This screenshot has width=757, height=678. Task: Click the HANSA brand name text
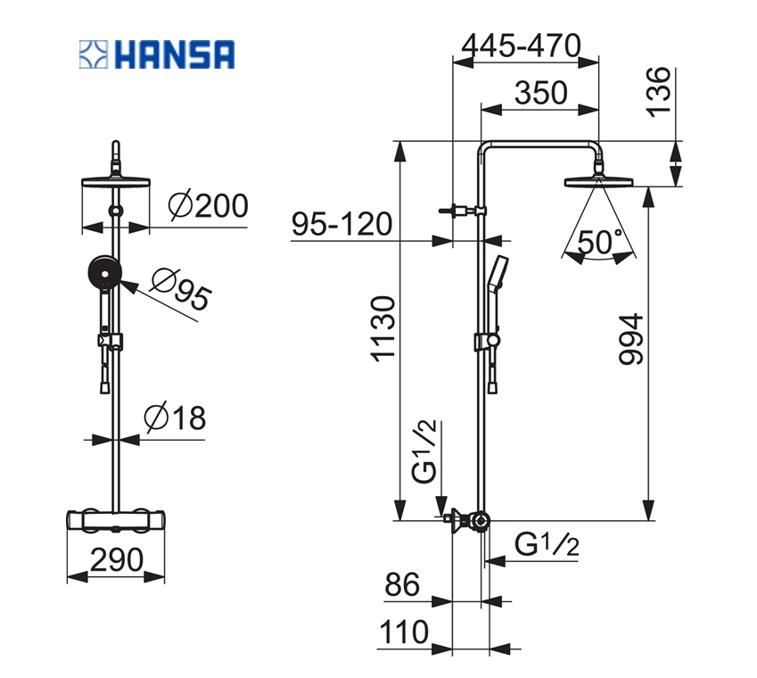coord(173,54)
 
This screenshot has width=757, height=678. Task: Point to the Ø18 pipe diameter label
coord(175,417)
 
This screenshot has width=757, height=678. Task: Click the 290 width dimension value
coord(116,559)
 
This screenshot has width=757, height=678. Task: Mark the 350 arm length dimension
coord(539,92)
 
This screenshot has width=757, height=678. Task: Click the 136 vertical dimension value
coord(659,92)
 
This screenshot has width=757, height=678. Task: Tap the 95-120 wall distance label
coord(341,224)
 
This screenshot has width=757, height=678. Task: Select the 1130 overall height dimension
coord(383,329)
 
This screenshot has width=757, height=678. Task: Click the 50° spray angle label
coord(599,242)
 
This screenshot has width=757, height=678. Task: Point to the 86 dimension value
coord(402,585)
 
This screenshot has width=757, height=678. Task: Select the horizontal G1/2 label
coord(547,544)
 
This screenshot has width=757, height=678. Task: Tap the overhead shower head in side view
coord(598,183)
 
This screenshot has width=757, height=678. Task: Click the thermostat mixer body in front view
coord(116,521)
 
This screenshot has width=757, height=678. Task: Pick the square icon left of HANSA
coord(93,54)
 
